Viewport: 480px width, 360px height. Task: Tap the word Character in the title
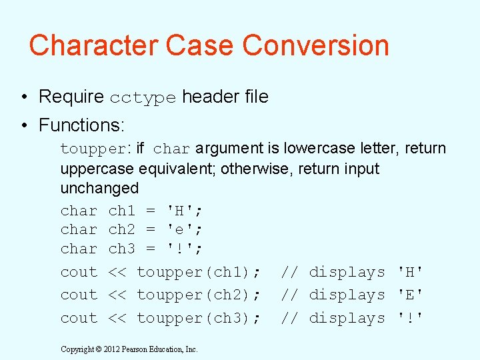[93, 45]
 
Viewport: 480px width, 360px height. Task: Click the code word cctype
[143, 97]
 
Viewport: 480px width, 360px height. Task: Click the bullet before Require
[23, 97]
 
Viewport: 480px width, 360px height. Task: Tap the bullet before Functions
[23, 125]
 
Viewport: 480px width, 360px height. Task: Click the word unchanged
[99, 188]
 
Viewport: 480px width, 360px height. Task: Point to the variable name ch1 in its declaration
[121, 211]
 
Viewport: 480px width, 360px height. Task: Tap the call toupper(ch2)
[198, 295]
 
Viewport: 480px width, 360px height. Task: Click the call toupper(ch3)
[198, 318]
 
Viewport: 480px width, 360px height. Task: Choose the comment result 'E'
[410, 295]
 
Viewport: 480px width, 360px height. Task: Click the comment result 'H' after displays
[410, 272]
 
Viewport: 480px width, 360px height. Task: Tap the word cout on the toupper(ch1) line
[79, 272]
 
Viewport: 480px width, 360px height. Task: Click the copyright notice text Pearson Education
[159, 349]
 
